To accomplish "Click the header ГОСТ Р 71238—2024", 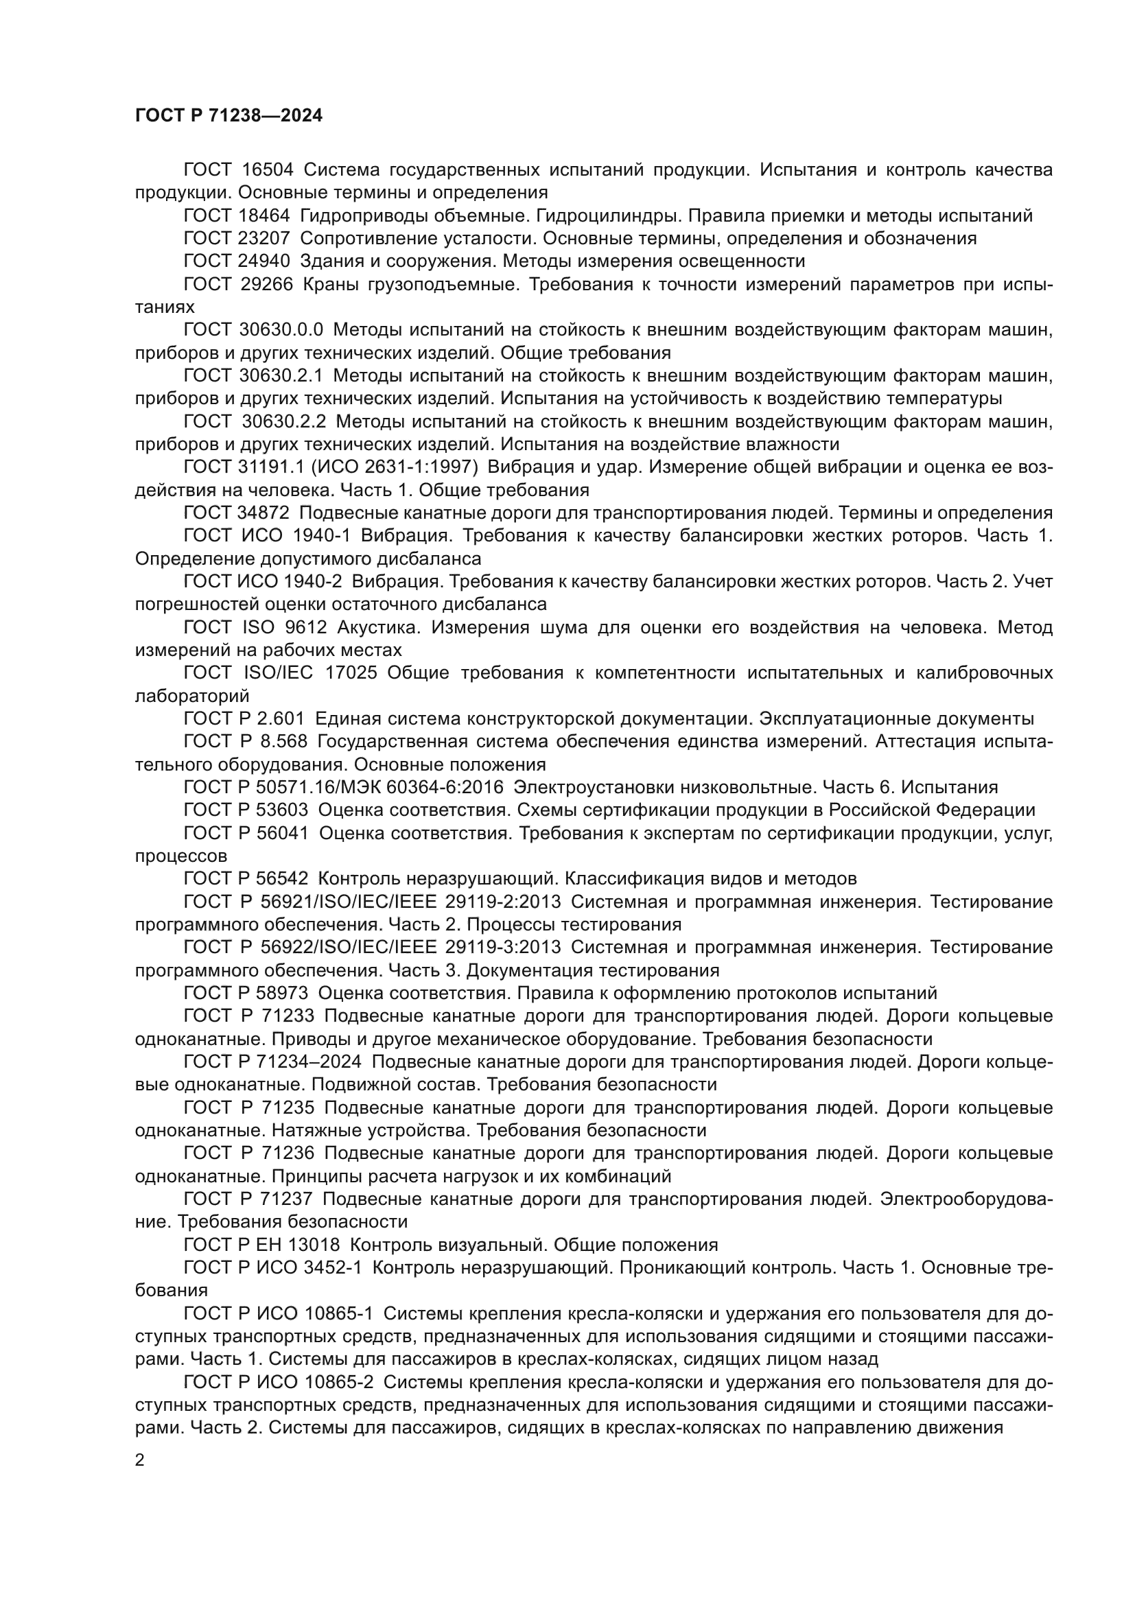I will click(229, 116).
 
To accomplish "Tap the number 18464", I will click(265, 216).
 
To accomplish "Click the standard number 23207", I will click(265, 238).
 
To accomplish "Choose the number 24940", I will click(265, 261).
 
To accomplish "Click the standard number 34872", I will click(264, 513).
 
